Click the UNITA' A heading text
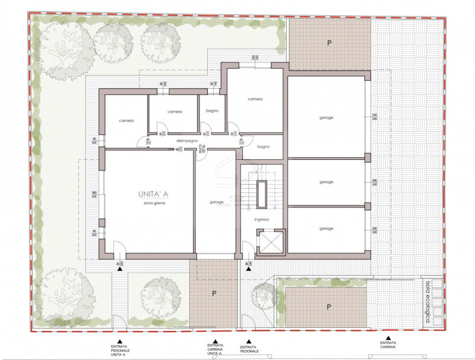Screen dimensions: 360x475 point(152,194)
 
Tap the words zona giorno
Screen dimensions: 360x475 point(154,203)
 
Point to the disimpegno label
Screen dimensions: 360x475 point(186,140)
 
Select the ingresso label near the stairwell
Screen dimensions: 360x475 point(262,219)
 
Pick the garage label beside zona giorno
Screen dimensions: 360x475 point(217,202)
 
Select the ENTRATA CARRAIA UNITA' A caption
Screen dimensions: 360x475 point(215,348)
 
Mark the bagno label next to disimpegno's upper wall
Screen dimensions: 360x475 point(212,111)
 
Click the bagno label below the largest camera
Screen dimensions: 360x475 point(264,146)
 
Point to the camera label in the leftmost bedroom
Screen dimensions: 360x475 point(126,121)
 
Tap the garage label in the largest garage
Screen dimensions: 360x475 point(326,118)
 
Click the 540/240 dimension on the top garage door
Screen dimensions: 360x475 point(375,117)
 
